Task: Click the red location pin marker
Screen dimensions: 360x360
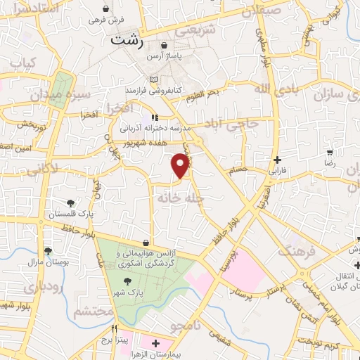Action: (181, 165)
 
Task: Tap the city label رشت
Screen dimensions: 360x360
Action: (127, 41)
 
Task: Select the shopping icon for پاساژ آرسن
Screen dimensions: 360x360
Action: (164, 46)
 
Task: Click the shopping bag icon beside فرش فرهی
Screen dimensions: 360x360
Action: (105, 9)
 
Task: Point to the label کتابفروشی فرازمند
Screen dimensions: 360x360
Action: (153, 91)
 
